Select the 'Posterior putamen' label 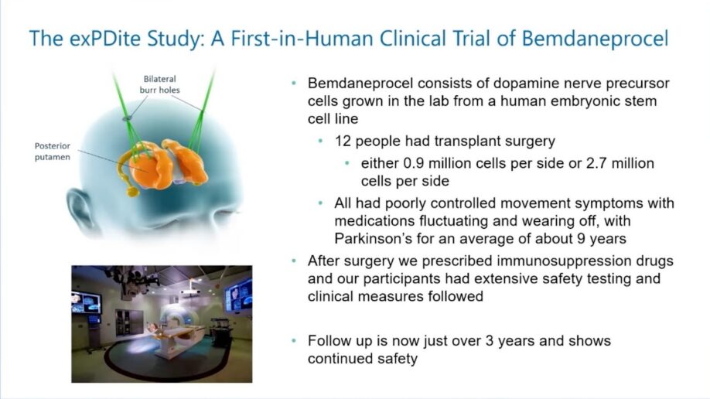[x=52, y=151]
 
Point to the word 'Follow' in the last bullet [x=328, y=341]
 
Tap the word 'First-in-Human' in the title [x=312, y=38]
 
